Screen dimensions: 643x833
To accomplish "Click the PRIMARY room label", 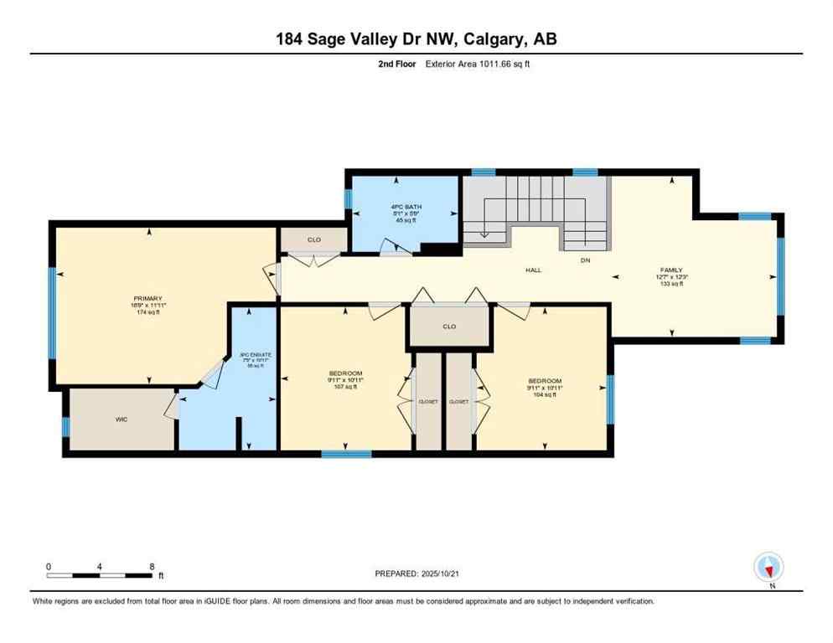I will [x=147, y=298].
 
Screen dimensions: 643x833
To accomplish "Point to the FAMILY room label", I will [x=672, y=270].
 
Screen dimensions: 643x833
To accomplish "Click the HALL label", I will [x=534, y=270].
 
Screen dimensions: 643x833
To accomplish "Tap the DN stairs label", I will [x=585, y=260].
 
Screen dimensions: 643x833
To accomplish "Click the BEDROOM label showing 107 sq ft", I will [x=345, y=373].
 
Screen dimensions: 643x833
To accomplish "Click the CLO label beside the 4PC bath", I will [x=313, y=240].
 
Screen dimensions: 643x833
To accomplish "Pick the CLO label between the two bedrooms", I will [x=449, y=327].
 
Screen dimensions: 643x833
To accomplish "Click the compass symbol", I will [x=768, y=568].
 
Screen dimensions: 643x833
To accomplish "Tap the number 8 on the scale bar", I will [x=152, y=567].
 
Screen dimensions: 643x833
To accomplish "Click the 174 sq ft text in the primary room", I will [x=147, y=312].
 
